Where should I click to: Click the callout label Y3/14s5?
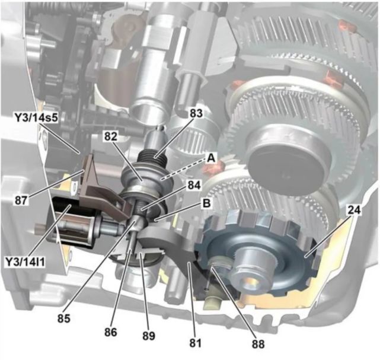click(36, 118)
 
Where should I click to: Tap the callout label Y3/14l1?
click(25, 262)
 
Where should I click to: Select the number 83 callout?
click(196, 113)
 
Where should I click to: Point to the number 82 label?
click(111, 136)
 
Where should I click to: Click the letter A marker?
click(211, 158)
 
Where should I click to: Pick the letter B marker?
click(206, 203)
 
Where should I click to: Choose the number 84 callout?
click(194, 186)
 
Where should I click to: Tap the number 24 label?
click(354, 210)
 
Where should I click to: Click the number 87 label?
click(21, 200)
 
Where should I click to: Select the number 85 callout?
click(64, 318)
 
